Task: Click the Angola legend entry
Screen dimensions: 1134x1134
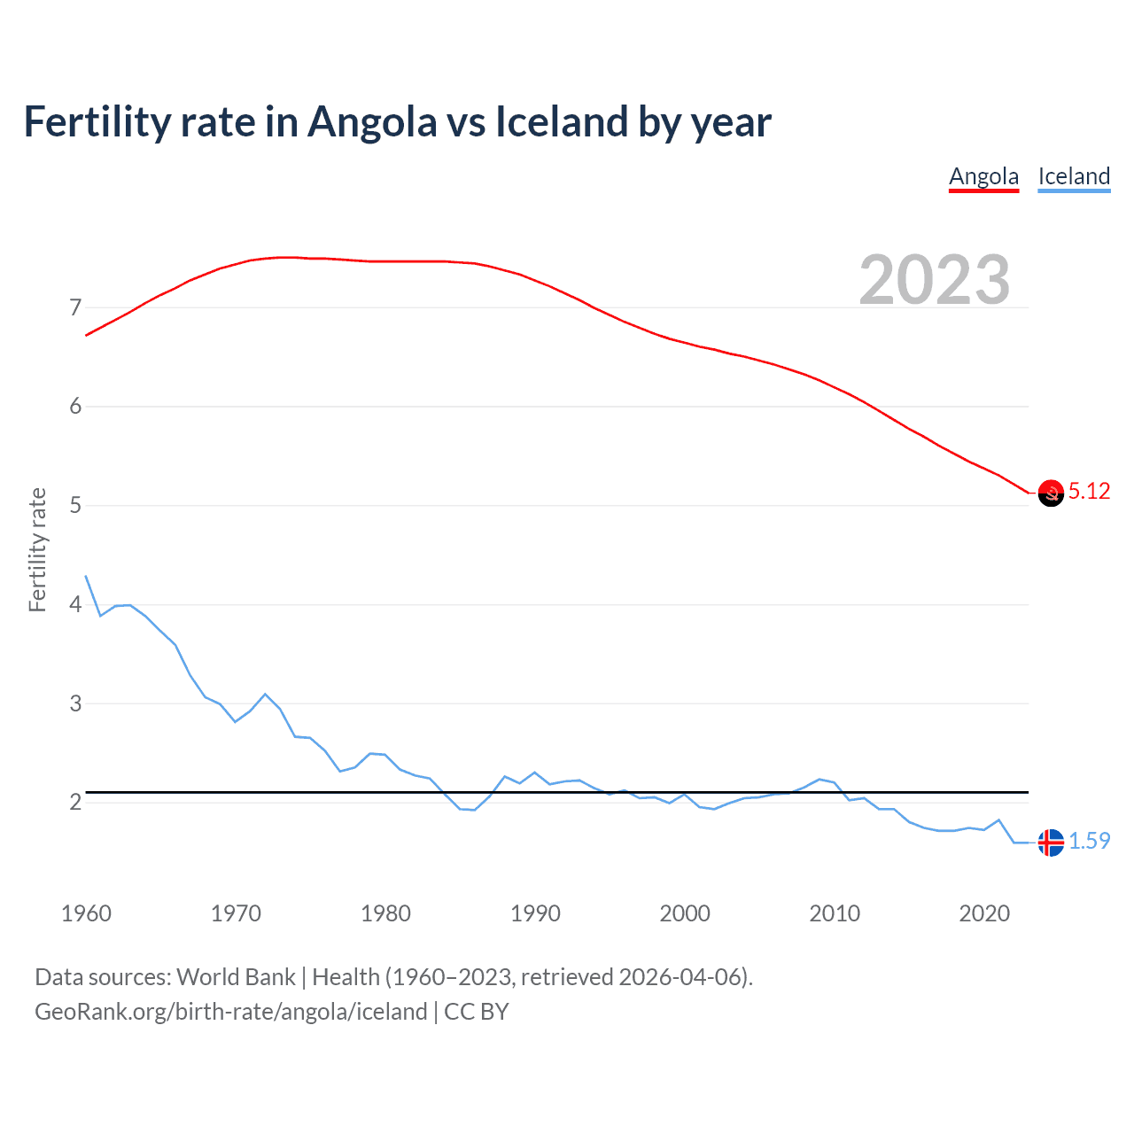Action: [983, 176]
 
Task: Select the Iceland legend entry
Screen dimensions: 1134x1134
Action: [1074, 176]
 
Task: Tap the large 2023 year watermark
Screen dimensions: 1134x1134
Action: [934, 280]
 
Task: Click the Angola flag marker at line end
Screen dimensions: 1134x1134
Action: [1051, 493]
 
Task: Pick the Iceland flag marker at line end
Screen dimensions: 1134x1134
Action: [1051, 843]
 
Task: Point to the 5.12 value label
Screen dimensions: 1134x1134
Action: [1089, 492]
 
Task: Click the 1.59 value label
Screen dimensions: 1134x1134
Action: [1089, 841]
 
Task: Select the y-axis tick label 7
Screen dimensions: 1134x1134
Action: [75, 308]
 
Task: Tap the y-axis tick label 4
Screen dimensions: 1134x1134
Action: [75, 605]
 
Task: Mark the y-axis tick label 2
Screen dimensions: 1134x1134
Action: [75, 803]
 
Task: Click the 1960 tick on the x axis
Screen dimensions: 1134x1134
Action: [86, 913]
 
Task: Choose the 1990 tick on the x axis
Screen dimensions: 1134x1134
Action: [535, 913]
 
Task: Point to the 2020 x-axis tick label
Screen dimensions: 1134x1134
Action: [984, 913]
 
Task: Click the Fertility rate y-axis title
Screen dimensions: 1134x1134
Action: [37, 549]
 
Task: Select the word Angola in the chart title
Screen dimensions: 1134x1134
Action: [372, 122]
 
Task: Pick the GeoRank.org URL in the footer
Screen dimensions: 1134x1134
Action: [230, 1012]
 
